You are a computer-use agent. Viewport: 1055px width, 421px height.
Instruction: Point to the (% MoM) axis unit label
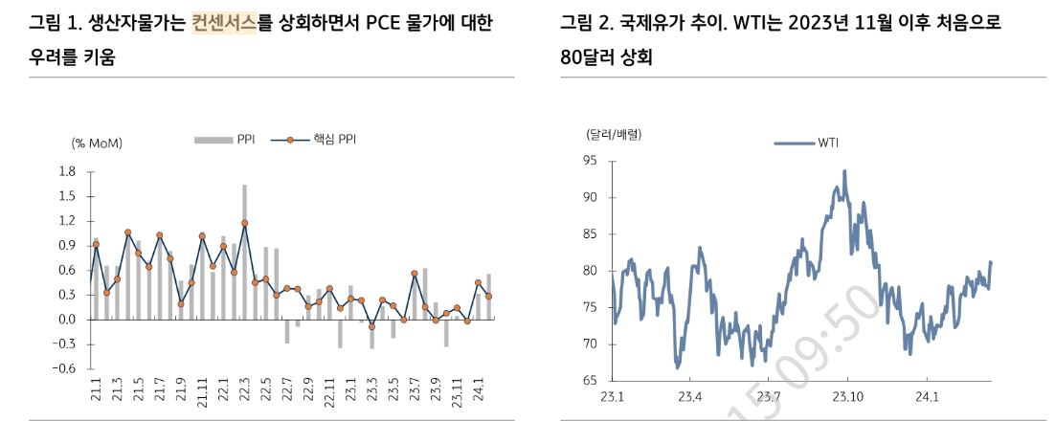[97, 143]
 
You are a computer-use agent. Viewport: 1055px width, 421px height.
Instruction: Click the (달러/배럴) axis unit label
[614, 134]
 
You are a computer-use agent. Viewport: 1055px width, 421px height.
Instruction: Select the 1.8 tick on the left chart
[67, 172]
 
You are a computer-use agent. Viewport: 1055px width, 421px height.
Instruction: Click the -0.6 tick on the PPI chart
[65, 368]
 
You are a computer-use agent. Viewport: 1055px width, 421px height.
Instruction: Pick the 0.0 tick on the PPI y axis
[67, 320]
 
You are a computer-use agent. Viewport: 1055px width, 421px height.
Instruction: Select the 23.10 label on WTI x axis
[847, 396]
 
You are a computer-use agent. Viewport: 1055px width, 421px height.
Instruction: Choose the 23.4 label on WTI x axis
[690, 396]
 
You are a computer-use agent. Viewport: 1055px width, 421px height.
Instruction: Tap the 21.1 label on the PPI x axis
[96, 393]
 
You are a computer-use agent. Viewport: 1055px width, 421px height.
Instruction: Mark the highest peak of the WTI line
[844, 171]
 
